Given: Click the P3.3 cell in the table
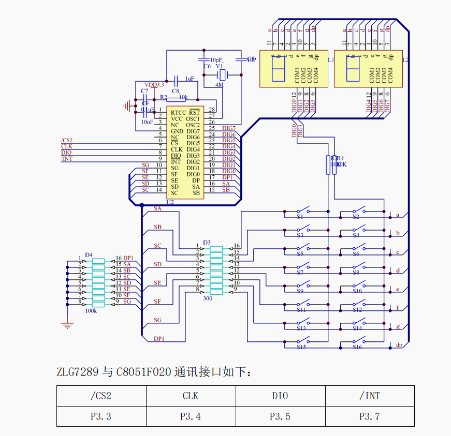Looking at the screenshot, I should point(101,416).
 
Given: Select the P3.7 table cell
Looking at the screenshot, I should point(369,416).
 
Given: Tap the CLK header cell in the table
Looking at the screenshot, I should point(191,396).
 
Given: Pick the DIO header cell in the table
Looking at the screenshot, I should point(280,396).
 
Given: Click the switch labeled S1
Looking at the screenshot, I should point(303,211).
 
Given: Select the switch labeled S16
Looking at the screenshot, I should point(359,341).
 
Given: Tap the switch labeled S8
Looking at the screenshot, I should point(359,267).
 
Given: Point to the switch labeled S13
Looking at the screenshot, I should point(303,323).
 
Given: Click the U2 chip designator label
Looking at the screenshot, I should point(170,202).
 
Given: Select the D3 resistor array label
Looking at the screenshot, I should point(207,242).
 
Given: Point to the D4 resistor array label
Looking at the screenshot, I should point(89,254).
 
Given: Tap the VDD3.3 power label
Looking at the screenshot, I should point(154,85).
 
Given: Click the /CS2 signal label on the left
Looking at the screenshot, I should point(67,141).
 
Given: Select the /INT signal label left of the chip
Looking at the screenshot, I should point(67,159).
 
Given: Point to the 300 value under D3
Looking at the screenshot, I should point(208,298).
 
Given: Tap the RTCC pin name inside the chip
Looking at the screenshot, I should point(178,112).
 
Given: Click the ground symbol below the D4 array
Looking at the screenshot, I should point(66,325).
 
